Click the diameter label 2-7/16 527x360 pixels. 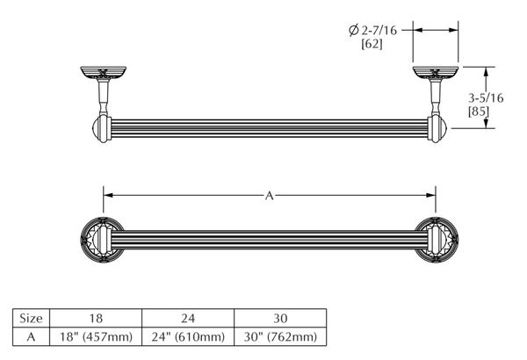click(379, 30)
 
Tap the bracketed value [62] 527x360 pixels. click(372, 44)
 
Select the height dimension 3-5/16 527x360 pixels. click(486, 97)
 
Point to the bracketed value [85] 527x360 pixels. click(479, 112)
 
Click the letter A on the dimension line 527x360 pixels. click(270, 195)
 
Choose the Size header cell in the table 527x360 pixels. click(32, 318)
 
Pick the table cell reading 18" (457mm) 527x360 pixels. click(96, 336)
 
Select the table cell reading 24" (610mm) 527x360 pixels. click(188, 336)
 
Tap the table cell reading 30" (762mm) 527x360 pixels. click(280, 336)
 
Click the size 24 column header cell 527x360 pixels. click(188, 318)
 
